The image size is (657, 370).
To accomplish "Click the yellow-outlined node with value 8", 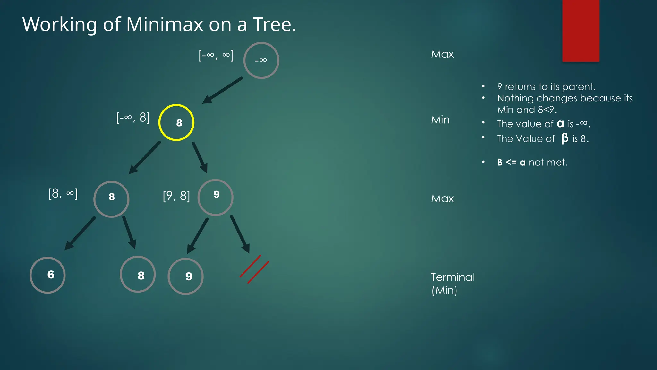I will coord(176,122).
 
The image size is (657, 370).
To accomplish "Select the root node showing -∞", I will coord(261,60).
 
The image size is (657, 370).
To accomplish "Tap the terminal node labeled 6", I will coord(47,275).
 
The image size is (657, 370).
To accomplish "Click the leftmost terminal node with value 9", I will coord(185,276).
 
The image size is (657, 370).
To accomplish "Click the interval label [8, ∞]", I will coord(63,194).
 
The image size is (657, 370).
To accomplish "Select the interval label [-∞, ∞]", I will coord(216,55).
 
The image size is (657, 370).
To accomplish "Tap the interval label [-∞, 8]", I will coord(133,118).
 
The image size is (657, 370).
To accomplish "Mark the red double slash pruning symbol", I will coord(254,269).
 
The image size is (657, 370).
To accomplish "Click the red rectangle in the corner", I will coord(581,31).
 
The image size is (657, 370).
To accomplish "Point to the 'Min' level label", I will coord(440,120).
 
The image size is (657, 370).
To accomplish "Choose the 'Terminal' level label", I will coord(453,277).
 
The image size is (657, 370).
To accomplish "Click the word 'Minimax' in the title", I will coord(164,24).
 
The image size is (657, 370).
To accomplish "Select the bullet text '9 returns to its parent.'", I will coord(546,87).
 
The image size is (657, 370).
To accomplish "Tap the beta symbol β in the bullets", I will coord(565,138).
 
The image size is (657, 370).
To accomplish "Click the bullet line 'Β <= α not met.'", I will coord(532,162).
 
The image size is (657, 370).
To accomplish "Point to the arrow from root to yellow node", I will coord(222,90).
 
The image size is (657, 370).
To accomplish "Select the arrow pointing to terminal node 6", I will coord(80,233).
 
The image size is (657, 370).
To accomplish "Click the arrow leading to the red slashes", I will coord(240,234).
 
